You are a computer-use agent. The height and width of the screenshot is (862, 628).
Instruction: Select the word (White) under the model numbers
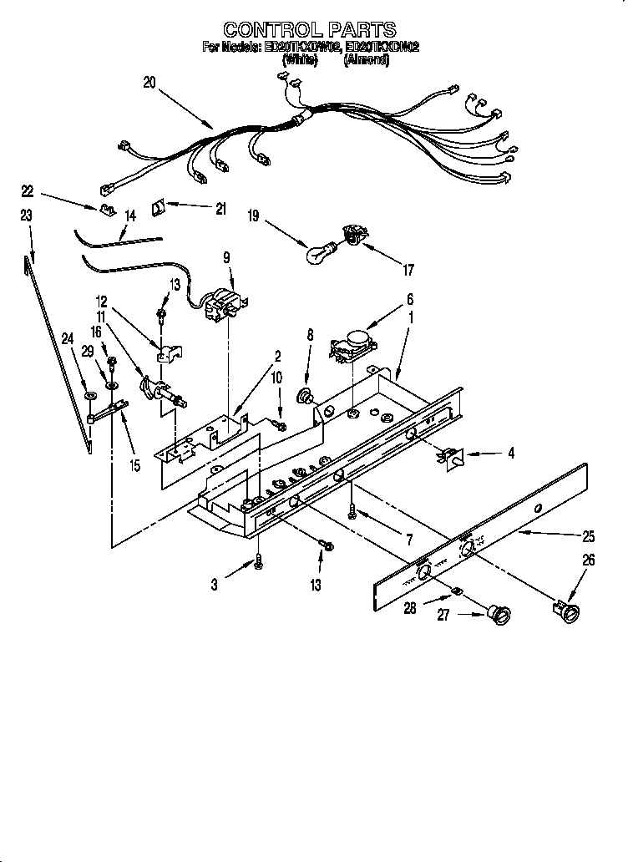[x=300, y=60]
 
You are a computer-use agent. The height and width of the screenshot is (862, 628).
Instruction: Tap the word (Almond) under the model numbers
[x=366, y=60]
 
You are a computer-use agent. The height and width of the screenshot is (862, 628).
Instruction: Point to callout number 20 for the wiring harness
[x=149, y=82]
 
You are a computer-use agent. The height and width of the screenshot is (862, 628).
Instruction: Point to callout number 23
[x=26, y=215]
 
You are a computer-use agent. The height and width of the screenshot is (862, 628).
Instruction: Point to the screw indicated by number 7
[x=354, y=508]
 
